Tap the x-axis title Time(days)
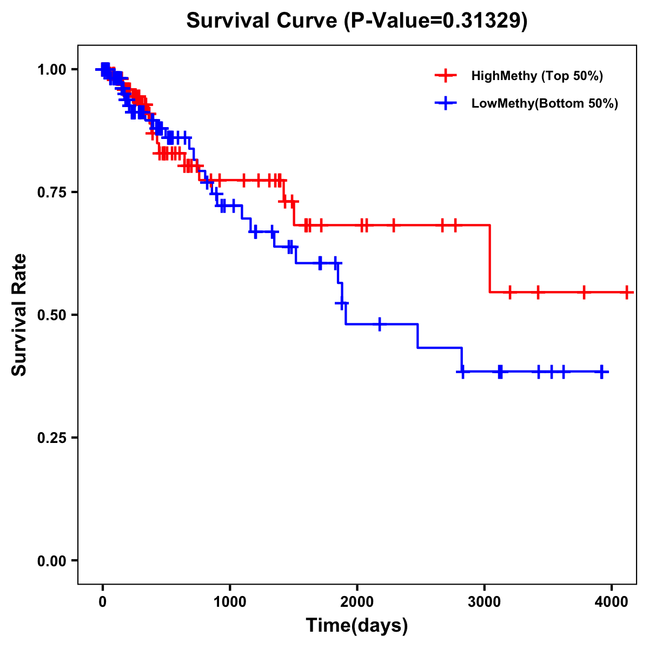pos(357,626)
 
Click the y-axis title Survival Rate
pos(19,314)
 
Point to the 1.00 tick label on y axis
pos(51,69)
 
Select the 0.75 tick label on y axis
pos(51,192)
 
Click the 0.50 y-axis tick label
pos(51,315)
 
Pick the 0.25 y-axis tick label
pos(51,438)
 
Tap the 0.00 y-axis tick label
pos(51,560)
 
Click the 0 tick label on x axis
pos(102,600)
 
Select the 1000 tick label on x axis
pos(230,600)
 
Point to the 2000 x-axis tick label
pos(357,600)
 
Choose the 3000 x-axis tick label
pos(485,600)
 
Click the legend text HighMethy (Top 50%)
pos(537,76)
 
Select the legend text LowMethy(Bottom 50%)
pos(545,103)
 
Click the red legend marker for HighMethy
pos(446,76)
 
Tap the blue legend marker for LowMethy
pos(446,103)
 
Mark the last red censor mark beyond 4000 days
pos(626,292)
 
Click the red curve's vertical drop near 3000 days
pos(490,259)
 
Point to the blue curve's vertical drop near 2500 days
pos(418,336)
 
